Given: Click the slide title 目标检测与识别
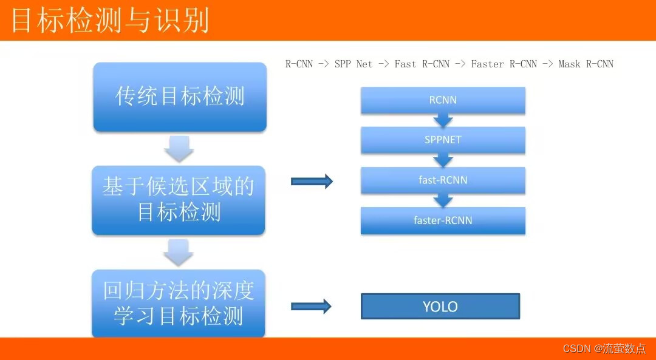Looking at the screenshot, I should pos(110,20).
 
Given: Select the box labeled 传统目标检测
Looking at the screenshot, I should pos(180,97).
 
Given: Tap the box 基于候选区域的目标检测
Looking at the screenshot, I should pos(179,200).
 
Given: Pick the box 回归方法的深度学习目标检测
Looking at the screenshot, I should pos(179,304).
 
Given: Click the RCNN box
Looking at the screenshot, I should pos(443,100).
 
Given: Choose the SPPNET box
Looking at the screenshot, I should pos(443,140).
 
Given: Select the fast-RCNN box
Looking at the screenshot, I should pos(443,180).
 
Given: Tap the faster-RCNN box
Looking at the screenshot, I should pos(443,220).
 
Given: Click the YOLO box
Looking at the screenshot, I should pos(440,307).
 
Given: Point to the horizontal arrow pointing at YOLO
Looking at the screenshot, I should pos(311,307).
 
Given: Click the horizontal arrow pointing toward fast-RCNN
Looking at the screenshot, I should pos(312,181).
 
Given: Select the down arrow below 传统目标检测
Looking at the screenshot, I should pos(179,149).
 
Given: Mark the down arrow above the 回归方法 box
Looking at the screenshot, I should pos(179,253).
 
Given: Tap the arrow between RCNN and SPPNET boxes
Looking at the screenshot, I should pos(443,120).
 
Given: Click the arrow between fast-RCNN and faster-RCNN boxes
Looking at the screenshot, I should pos(443,200).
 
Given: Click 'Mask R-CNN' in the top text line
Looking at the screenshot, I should pos(586,64).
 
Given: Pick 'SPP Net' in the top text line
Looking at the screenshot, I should pos(353,64).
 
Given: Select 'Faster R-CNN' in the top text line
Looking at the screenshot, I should pos(504,64).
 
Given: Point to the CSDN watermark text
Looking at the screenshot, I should pos(604,348).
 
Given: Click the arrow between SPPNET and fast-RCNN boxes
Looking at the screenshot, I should pos(443,160).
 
